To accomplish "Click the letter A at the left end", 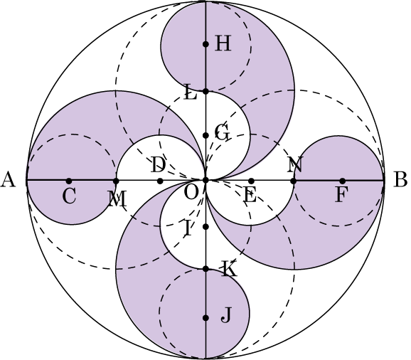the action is (x=8, y=179).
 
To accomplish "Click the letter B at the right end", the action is (x=400, y=179).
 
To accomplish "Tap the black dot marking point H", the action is (x=205, y=44).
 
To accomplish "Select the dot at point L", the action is (x=205, y=91).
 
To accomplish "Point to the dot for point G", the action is (x=205, y=135).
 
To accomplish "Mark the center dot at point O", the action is (x=205, y=181).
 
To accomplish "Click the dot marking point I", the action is (x=205, y=226).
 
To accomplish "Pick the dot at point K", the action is (x=205, y=269).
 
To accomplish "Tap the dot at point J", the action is (x=205, y=318).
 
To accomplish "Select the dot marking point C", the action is (x=69, y=181).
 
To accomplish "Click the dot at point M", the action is (x=116, y=181).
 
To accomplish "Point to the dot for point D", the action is (x=161, y=181).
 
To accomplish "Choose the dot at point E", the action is (x=251, y=181).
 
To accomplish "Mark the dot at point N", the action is (x=294, y=181).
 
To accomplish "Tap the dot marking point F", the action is (x=342, y=181).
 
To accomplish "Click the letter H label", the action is (x=223, y=43).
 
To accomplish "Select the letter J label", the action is (x=226, y=315).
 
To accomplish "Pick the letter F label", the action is (x=341, y=195).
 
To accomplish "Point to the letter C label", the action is (x=70, y=196).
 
